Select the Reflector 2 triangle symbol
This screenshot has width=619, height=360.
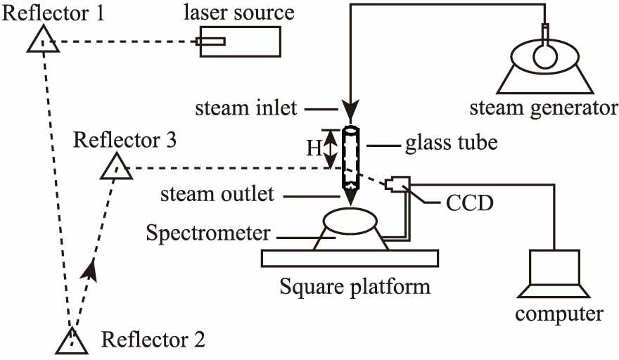[72, 341]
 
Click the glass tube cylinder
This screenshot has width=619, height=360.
[350, 157]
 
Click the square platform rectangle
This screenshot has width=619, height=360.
[351, 258]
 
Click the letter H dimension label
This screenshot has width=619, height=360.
[313, 149]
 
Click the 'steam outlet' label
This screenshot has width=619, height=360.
[217, 193]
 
